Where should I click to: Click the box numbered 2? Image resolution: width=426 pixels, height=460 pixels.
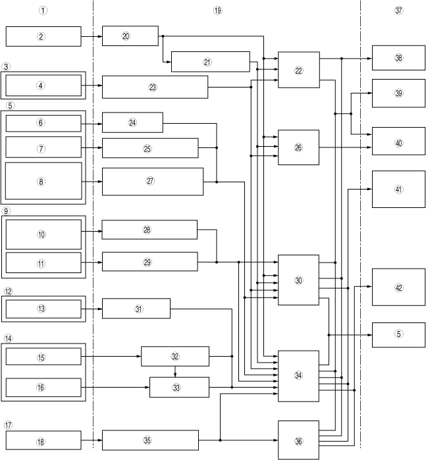[x=43, y=36]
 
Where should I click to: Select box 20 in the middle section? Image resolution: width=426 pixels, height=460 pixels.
[x=130, y=36]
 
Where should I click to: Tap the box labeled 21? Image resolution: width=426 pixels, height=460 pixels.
[x=210, y=61]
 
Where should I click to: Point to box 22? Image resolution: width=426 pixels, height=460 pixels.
[x=298, y=70]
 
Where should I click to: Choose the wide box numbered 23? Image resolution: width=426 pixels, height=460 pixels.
[x=155, y=87]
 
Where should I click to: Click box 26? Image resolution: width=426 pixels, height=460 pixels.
[x=298, y=147]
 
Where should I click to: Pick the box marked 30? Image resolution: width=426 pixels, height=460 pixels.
[x=298, y=280]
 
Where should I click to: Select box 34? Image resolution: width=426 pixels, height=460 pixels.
[x=298, y=375]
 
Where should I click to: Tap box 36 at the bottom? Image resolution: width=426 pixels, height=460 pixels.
[x=298, y=440]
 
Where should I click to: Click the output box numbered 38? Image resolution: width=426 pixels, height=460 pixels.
[x=398, y=58]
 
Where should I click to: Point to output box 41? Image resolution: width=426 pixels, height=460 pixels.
[x=398, y=189]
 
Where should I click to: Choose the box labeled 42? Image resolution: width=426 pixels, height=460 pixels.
[x=398, y=287]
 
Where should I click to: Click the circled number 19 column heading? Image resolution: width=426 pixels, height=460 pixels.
[x=218, y=11]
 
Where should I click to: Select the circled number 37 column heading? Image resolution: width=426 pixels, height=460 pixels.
[x=398, y=11]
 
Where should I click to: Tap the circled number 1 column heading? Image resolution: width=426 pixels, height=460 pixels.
[x=43, y=11]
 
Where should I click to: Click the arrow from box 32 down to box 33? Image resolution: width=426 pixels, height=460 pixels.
[x=174, y=372]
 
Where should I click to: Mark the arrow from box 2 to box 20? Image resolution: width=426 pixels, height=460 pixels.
[x=92, y=36]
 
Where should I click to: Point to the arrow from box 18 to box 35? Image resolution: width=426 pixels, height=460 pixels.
[x=92, y=440]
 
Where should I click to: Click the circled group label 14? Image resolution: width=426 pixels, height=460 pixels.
[x=9, y=338]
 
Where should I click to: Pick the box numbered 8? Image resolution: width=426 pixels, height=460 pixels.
[x=43, y=182]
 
